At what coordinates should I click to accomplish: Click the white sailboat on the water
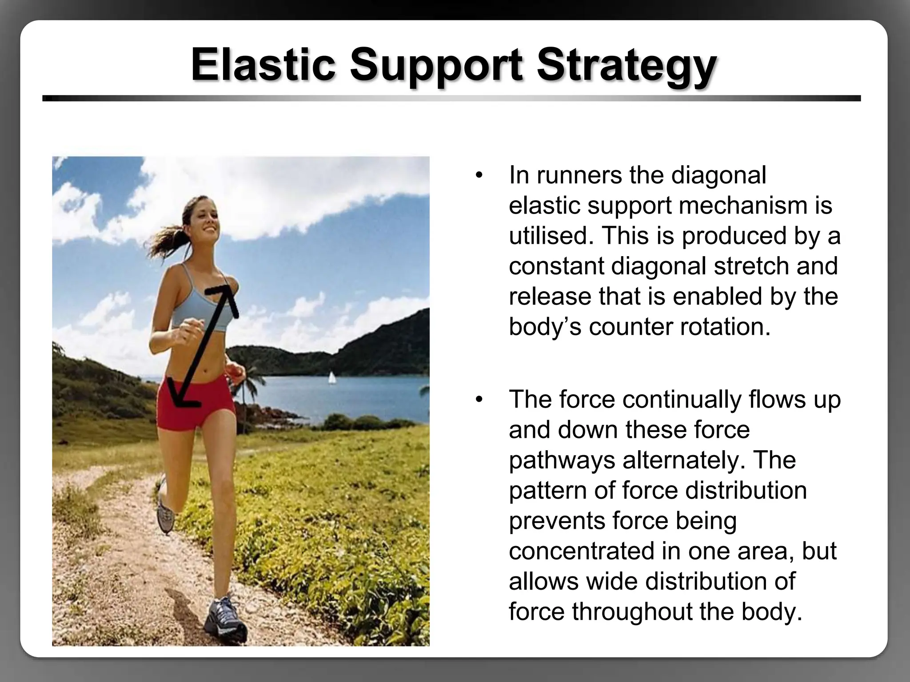332,378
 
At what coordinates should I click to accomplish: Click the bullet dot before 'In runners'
479,175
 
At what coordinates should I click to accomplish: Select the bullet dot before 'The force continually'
479,400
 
